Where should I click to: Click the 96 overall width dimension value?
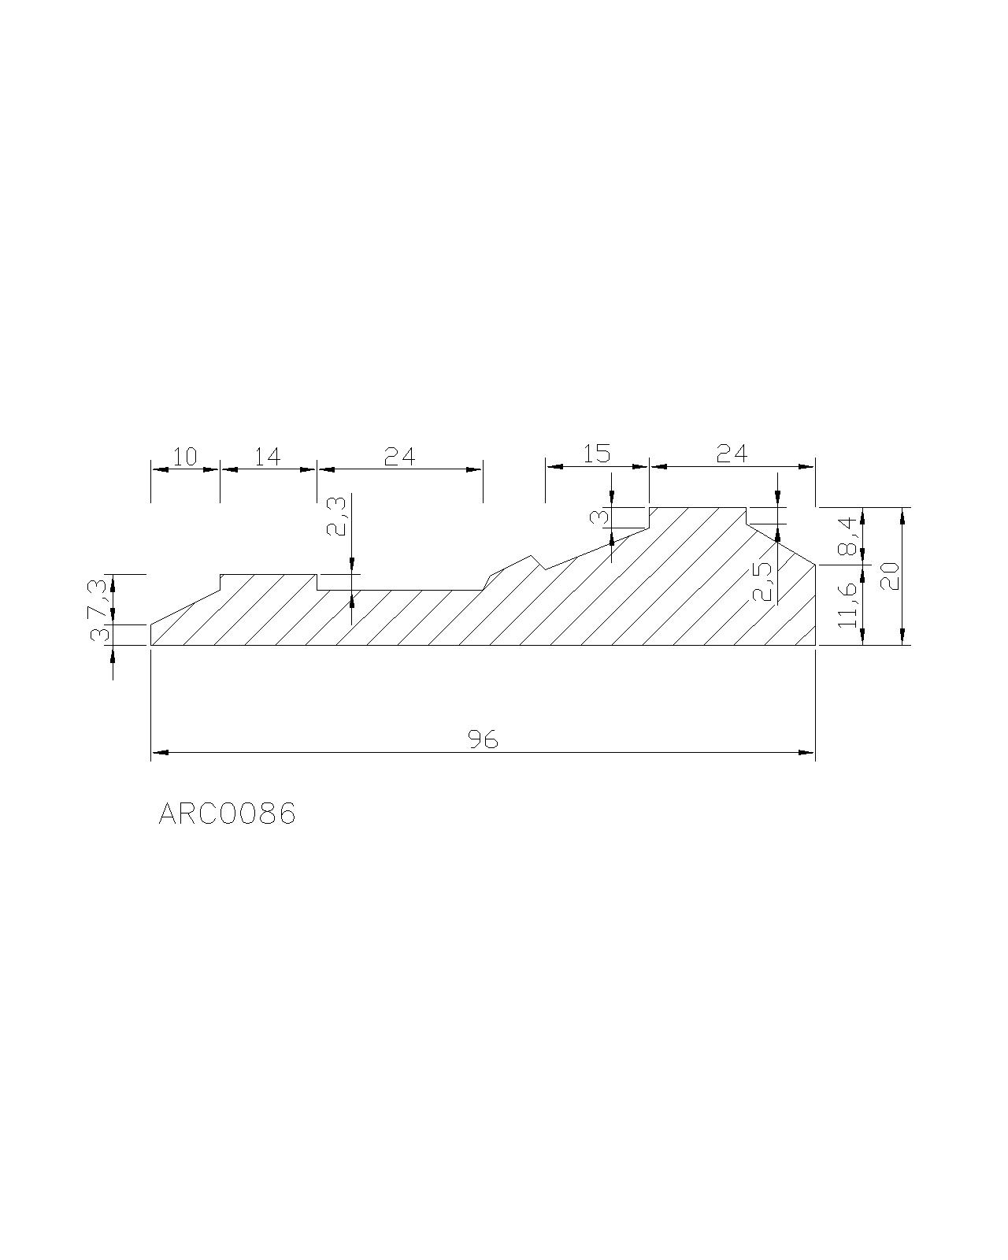pyautogui.click(x=484, y=740)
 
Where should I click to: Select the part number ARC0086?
pyautogui.click(x=227, y=814)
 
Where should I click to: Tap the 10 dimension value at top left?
pyautogui.click(x=185, y=457)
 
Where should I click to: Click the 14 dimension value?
pyautogui.click(x=267, y=457)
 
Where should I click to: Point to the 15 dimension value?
pyautogui.click(x=596, y=454)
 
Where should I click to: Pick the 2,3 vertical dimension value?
pyautogui.click(x=337, y=517)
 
